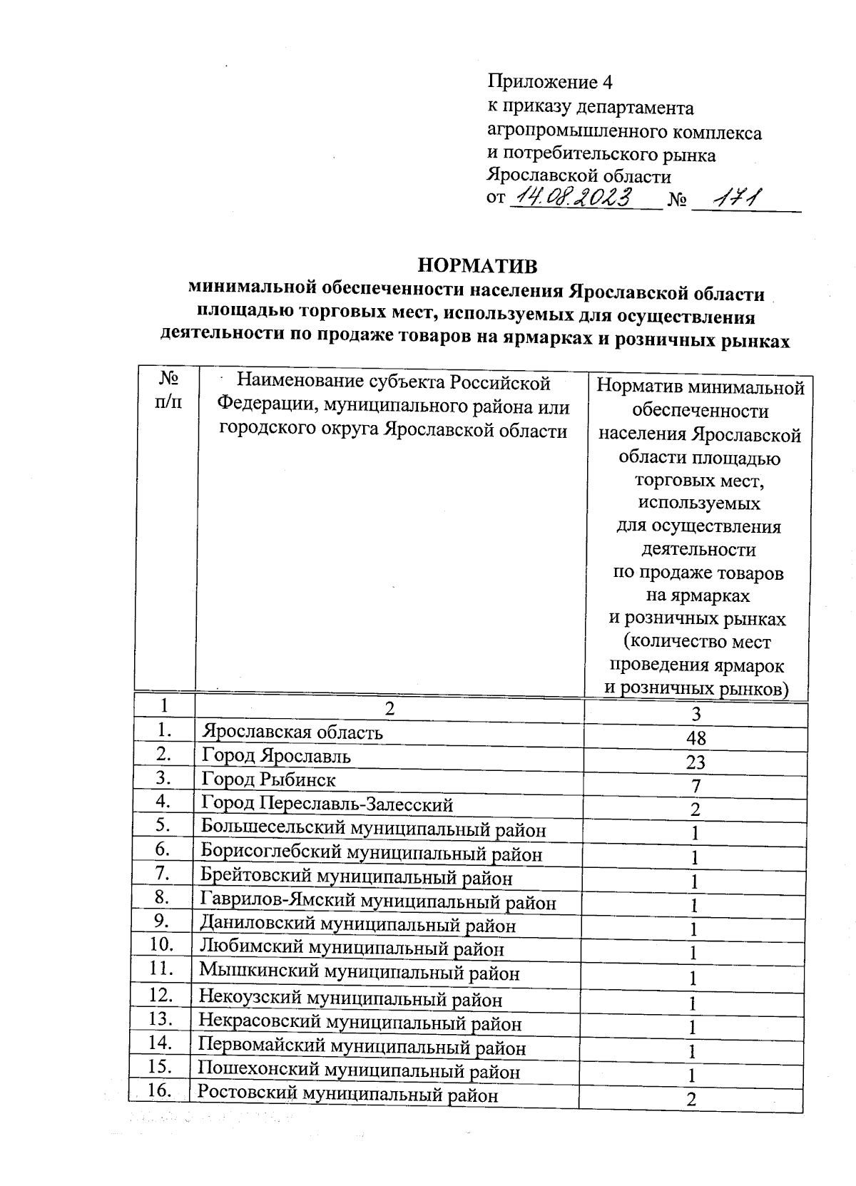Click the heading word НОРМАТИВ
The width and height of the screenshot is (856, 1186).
tap(477, 266)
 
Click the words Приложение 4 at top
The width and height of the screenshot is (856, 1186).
tap(549, 82)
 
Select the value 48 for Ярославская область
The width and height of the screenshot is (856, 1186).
tap(695, 738)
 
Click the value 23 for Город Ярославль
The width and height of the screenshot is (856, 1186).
tap(695, 762)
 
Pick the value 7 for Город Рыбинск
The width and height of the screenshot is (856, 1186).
tap(695, 786)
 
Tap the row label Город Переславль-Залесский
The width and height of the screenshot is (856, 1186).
tap(327, 804)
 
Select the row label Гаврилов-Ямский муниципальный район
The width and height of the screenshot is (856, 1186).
tap(378, 902)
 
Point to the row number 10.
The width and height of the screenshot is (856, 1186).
tap(163, 945)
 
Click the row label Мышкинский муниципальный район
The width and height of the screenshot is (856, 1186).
tap(359, 972)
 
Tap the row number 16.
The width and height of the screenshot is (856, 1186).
tap(160, 1090)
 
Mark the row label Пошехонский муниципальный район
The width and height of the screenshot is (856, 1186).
tap(358, 1071)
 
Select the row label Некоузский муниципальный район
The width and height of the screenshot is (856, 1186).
tap(350, 999)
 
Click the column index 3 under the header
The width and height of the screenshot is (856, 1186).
tap(696, 714)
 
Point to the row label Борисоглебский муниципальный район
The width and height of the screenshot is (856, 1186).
tap(371, 853)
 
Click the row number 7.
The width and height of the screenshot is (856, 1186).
tap(164, 872)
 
